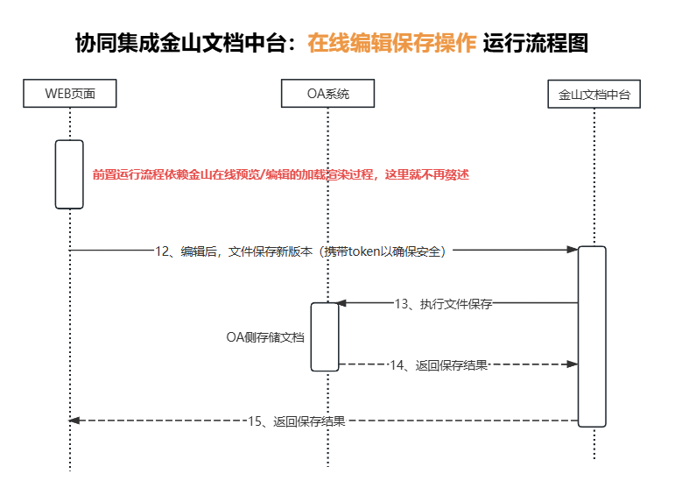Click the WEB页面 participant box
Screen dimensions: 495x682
coord(69,94)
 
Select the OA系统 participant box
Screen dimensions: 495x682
coord(328,94)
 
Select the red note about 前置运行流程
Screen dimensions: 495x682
coord(281,174)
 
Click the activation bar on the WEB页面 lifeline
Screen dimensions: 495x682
coord(69,174)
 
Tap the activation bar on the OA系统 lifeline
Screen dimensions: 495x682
coord(325,336)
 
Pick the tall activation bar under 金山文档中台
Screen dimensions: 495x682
coord(592,336)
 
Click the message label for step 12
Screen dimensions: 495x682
coord(302,251)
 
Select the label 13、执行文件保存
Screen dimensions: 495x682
coord(443,304)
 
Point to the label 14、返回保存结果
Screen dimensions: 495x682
coord(439,364)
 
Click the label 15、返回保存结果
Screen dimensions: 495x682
coord(297,421)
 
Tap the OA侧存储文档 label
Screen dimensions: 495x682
coord(265,336)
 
